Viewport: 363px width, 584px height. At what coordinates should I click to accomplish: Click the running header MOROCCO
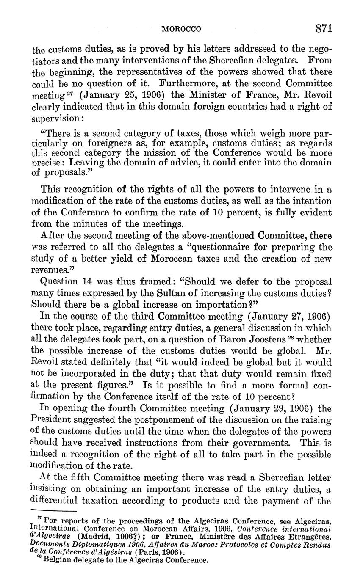[x=182, y=29]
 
